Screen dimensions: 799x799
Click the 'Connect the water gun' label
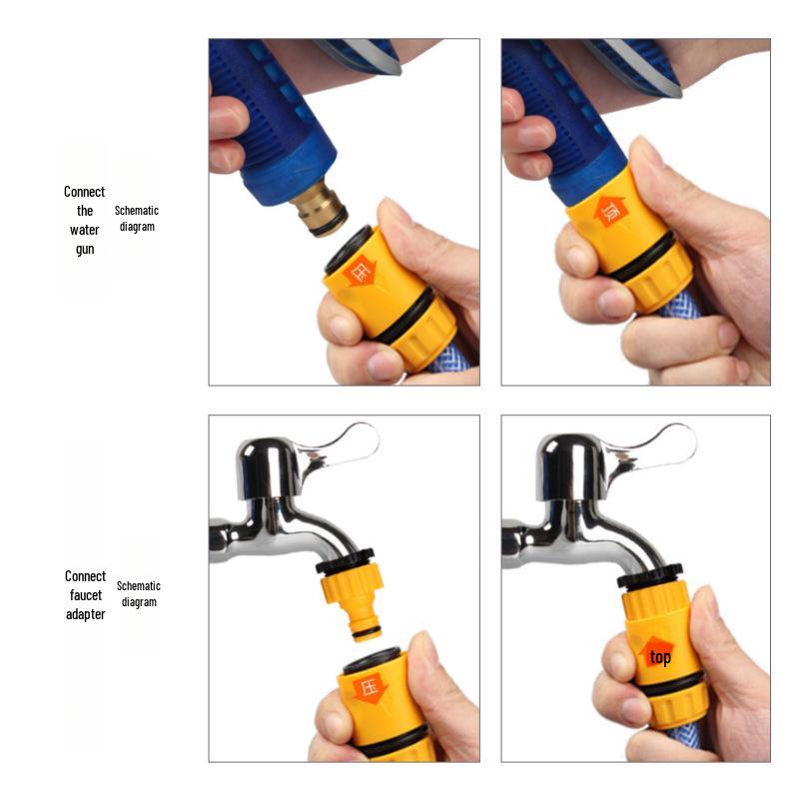pyautogui.click(x=85, y=220)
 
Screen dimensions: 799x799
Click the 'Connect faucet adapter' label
pyautogui.click(x=85, y=595)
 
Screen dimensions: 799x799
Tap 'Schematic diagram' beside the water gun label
pyautogui.click(x=137, y=219)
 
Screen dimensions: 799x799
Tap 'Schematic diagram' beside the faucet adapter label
pyautogui.click(x=139, y=594)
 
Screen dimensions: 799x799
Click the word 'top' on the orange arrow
pyautogui.click(x=660, y=657)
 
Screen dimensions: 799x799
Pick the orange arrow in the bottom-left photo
pyautogui.click(x=369, y=688)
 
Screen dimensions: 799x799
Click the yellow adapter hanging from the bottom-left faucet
pyautogui.click(x=351, y=599)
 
